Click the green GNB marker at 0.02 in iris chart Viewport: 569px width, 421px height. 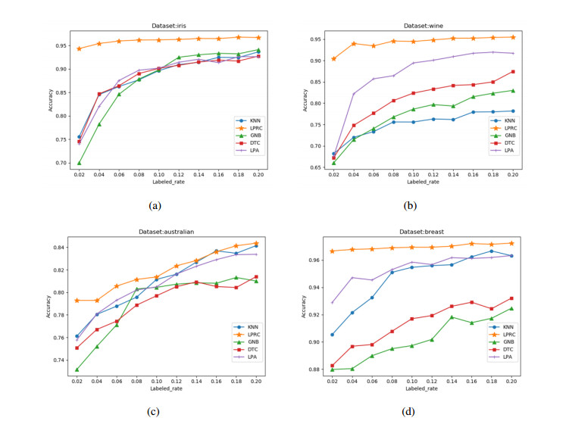coord(79,162)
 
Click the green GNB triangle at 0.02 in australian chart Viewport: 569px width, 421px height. coord(77,370)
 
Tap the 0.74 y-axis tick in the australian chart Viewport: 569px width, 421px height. coord(58,360)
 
